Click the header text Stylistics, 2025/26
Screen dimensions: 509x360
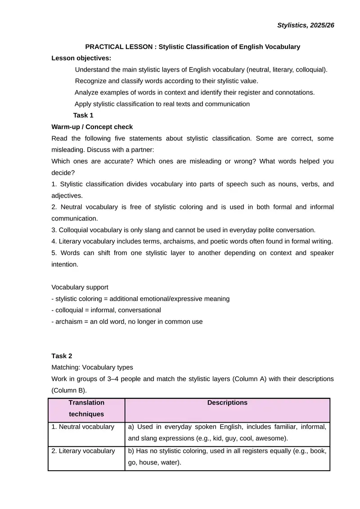(306, 25)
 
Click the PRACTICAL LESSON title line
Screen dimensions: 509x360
(193, 47)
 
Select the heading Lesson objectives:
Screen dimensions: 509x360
(81, 58)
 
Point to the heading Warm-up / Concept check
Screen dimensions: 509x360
(92, 127)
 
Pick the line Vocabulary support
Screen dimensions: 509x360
(80, 287)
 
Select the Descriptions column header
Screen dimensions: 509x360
(227, 403)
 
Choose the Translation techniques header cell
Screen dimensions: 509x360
(86, 408)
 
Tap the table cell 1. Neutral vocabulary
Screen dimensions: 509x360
(83, 427)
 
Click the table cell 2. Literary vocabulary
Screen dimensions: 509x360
(83, 451)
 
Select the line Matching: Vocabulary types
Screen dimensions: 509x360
(92, 367)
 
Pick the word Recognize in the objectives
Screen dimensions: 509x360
(91, 81)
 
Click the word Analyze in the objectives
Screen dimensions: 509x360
(87, 93)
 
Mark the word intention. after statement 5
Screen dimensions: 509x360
(65, 265)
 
